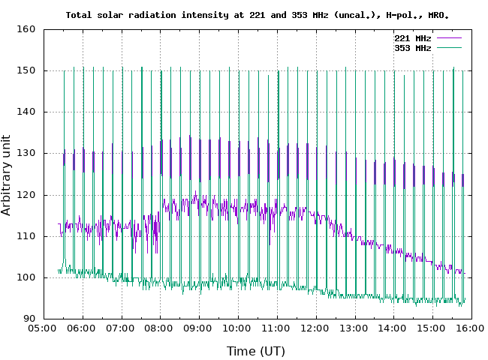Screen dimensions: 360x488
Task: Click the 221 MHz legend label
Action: (412, 37)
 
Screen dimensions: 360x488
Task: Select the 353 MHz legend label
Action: (412, 47)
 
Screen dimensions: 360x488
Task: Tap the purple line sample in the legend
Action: (447, 37)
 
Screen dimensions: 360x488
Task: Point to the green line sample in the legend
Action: (447, 47)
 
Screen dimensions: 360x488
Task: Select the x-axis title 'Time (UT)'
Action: (255, 351)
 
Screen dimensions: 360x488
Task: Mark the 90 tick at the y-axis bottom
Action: (29, 319)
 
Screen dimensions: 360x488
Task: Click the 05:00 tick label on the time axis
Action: (43, 328)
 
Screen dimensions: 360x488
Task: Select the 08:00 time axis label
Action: (160, 328)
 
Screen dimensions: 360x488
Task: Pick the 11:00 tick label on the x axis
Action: (276, 328)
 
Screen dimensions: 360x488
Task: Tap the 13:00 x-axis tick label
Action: (354, 328)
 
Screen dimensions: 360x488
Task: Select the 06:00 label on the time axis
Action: (82, 328)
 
